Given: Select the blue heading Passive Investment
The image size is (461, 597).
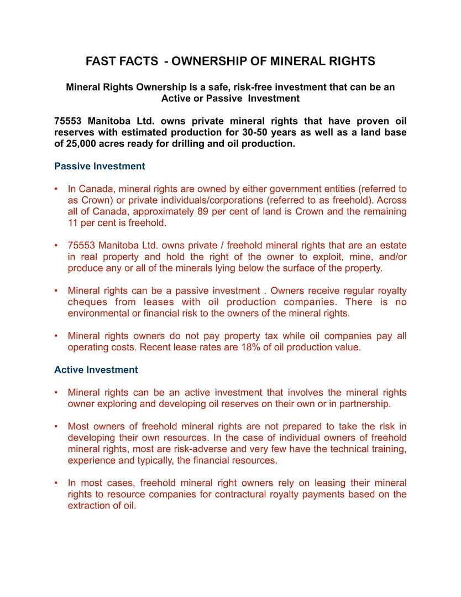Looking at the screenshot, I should [99, 166].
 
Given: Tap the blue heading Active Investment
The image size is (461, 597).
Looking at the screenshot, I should [96, 370].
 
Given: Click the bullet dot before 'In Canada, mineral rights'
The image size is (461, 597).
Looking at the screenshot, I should [56, 189].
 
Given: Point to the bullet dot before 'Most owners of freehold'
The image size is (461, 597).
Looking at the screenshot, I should [56, 426].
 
